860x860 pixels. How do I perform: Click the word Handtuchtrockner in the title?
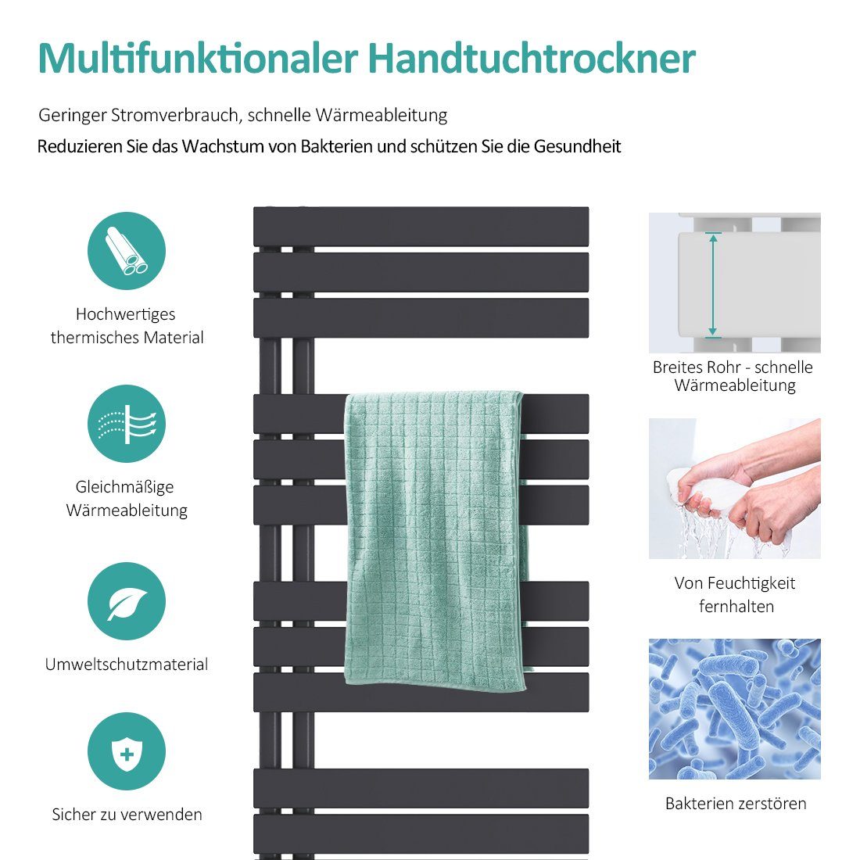coord(531,59)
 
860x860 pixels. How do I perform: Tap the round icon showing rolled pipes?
coord(127,251)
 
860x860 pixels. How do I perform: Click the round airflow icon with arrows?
coord(127,424)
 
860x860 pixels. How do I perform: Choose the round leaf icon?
coord(127,601)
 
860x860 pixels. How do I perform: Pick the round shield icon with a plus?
coord(127,751)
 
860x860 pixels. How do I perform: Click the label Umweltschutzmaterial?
coord(127,665)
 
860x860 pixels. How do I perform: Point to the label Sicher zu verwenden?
coord(127,815)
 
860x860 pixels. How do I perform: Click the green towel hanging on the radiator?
coord(435,539)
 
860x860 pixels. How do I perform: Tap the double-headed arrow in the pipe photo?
coord(713,285)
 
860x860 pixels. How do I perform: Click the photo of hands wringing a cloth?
coord(734,489)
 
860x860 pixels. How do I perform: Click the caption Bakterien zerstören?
coord(736,804)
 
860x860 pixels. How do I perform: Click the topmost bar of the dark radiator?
coord(421,226)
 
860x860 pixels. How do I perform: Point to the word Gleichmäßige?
coord(125,487)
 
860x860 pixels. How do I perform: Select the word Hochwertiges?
coord(125,314)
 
